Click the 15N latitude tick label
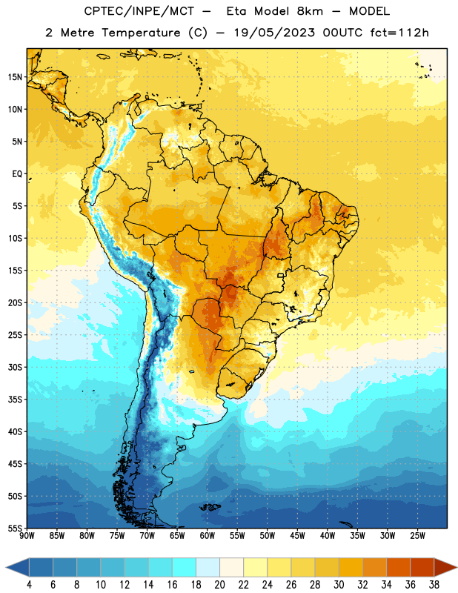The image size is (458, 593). coord(15,77)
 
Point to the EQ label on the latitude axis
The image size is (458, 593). coord(17,174)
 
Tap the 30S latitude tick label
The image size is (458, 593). coord(15,367)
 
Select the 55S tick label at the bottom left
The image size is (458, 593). coord(15,528)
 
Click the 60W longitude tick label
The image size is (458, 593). coord(208,536)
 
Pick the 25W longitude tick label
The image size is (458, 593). coord(417,536)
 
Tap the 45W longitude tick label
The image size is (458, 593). coord(297,536)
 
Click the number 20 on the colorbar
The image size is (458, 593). coord(219,585)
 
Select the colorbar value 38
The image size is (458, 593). coord(434,585)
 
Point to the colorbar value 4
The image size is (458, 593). coord(29,585)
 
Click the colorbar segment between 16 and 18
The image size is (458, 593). coord(185,567)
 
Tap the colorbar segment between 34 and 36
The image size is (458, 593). coord(398,567)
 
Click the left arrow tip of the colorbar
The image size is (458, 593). coord(6,567)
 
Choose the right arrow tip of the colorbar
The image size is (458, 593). coord(457,567)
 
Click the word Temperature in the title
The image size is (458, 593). coord(141,33)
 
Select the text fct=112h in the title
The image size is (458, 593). coord(399,33)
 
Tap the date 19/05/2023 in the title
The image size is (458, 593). coord(273,33)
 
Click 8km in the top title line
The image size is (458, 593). coord(310,11)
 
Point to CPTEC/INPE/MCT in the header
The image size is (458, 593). coord(139,11)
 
